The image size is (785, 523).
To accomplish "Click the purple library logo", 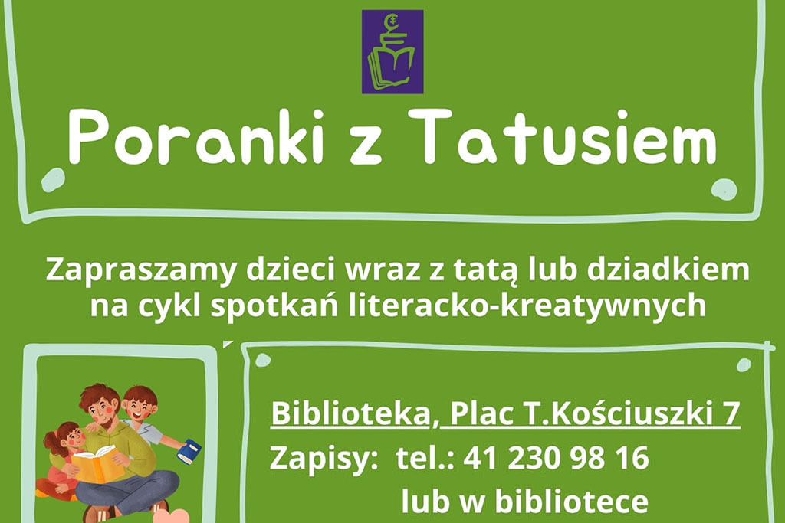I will click(x=392, y=51).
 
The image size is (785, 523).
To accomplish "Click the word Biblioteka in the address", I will click(x=353, y=413).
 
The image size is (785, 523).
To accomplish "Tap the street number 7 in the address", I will click(x=732, y=413).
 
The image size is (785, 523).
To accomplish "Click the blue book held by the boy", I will click(x=189, y=451).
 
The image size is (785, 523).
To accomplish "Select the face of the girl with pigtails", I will click(x=74, y=438).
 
